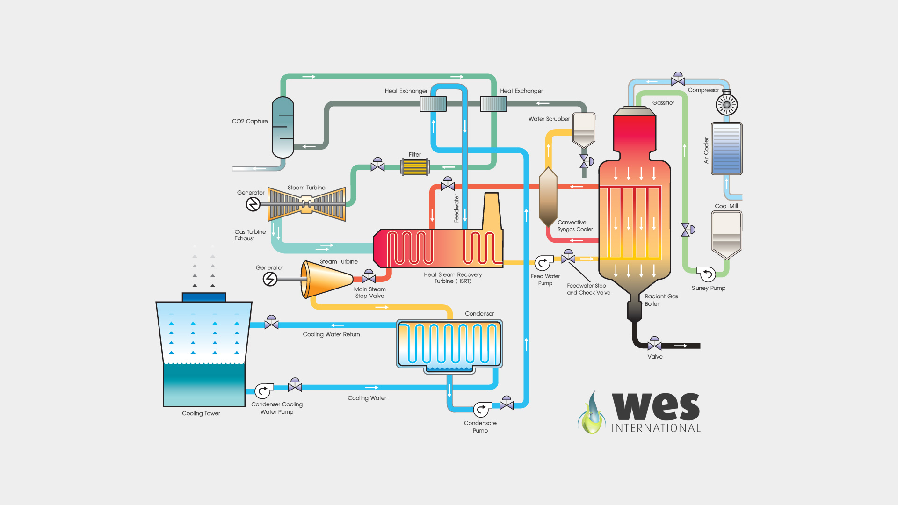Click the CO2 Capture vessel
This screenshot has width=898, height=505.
coord(283,127)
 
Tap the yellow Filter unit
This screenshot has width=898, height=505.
coord(415,167)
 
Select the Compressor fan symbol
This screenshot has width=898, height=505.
coord(727,105)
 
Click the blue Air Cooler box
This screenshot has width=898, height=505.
coord(727,149)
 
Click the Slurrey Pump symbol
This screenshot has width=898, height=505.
coord(706,274)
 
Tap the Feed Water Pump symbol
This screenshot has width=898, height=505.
coord(543,263)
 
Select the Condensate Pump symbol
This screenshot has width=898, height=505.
coord(482,410)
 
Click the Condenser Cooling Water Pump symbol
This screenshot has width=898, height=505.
coord(264,391)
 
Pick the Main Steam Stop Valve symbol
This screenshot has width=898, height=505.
coord(369,276)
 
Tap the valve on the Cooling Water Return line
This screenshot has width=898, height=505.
coord(271,322)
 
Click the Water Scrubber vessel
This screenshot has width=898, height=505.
coord(584,130)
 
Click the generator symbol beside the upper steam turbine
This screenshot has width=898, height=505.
coord(253,204)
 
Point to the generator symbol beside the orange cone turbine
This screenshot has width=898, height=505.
coord(270,279)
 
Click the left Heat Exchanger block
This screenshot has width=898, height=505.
coord(433,104)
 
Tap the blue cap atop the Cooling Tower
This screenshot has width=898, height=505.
coord(204,297)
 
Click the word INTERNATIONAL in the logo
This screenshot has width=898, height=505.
coord(656,428)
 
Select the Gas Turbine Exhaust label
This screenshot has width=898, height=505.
coord(250,235)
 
